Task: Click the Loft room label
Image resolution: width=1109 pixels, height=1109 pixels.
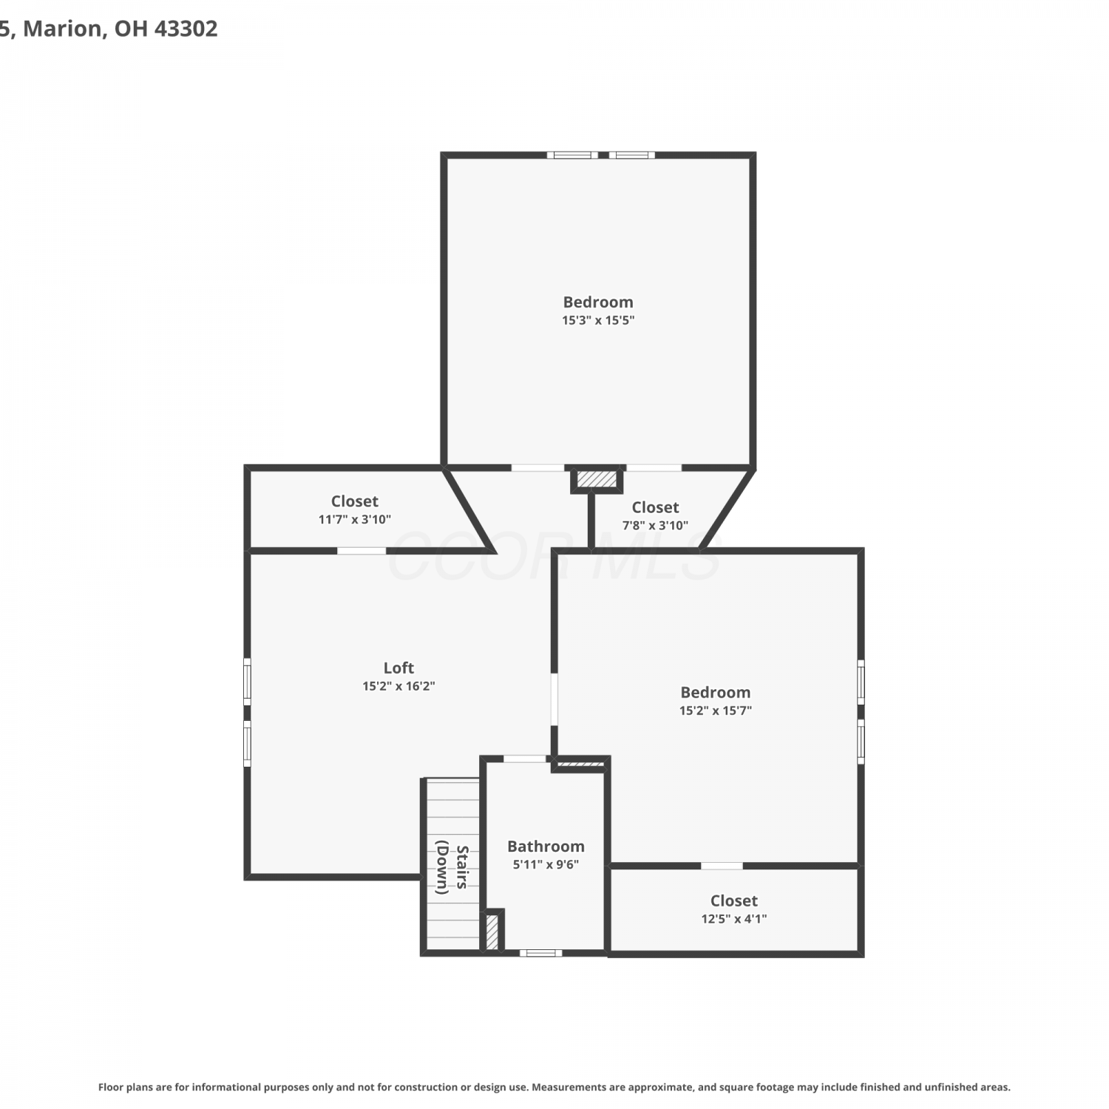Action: (x=399, y=668)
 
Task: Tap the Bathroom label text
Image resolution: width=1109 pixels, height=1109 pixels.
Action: (x=546, y=847)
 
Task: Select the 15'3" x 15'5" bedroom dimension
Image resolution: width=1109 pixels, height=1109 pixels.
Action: (x=598, y=320)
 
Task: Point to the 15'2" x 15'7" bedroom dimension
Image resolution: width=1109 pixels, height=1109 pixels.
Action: (x=716, y=710)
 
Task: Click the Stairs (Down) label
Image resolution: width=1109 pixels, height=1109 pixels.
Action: (x=452, y=869)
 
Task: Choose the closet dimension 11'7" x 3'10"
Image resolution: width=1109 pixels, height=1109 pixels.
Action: (x=355, y=519)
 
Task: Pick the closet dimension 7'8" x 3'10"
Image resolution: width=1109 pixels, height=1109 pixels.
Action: (x=655, y=525)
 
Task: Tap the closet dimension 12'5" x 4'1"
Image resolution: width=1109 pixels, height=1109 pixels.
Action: (x=734, y=919)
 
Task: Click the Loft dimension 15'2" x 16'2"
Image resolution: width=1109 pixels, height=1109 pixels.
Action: (x=399, y=686)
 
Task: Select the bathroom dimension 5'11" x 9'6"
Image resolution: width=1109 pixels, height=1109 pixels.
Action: (x=546, y=864)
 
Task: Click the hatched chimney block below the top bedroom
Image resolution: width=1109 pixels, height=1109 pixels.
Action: (x=597, y=480)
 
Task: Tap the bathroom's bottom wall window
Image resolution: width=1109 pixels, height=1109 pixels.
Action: (x=540, y=953)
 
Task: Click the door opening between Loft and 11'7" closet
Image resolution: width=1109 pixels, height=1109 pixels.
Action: (x=362, y=551)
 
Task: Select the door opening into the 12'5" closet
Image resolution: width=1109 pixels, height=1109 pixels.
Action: (x=722, y=866)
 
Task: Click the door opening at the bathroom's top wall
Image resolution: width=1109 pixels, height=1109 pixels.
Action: (x=525, y=759)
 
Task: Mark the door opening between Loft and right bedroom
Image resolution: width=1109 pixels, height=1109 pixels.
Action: (x=554, y=699)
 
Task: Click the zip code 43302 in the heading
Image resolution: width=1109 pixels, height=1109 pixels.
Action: (x=186, y=29)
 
